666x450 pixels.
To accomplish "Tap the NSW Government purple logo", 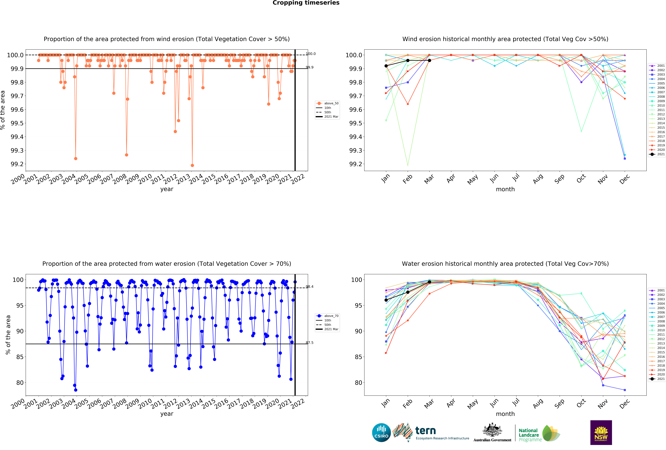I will point(601,433).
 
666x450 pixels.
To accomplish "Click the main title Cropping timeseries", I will point(306,3).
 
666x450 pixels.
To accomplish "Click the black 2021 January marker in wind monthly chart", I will point(386,66).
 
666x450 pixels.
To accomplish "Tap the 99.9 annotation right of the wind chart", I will point(310,67).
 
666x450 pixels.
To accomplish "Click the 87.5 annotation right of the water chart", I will point(310,343).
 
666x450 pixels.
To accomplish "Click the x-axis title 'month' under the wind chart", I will point(505,189).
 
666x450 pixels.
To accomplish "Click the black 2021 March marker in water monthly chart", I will point(429,282).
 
